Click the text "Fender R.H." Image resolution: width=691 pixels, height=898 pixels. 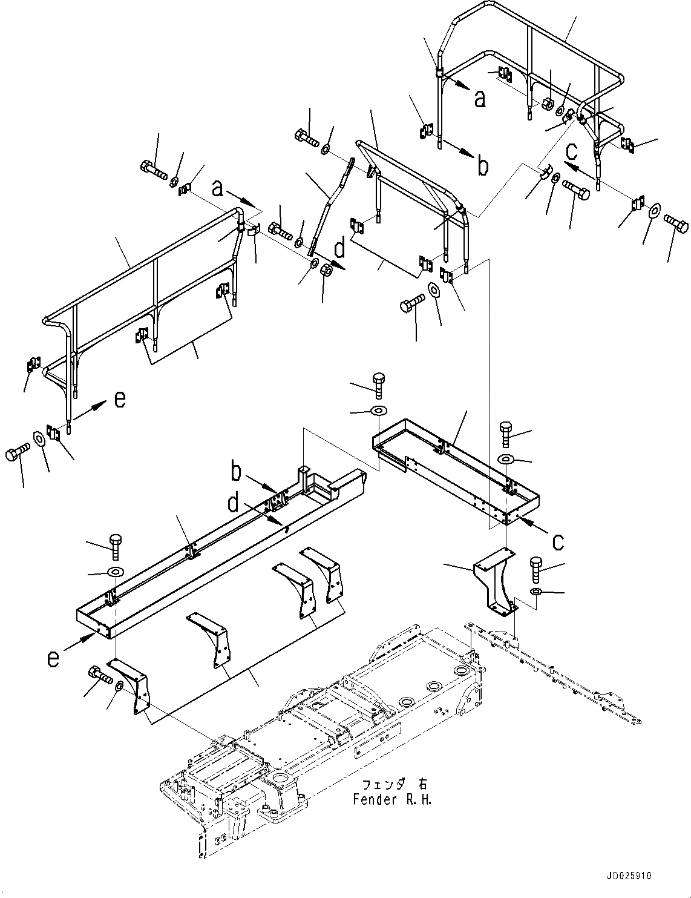click(x=392, y=800)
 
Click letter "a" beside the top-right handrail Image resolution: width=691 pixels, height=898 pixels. click(x=479, y=98)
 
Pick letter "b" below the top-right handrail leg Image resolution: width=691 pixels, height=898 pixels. click(x=482, y=165)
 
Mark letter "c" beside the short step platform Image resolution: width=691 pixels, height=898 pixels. click(x=557, y=541)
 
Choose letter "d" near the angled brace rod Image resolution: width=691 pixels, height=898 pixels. click(x=340, y=249)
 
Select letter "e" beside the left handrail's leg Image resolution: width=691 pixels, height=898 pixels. click(x=120, y=400)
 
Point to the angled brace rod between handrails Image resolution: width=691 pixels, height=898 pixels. click(x=330, y=206)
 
